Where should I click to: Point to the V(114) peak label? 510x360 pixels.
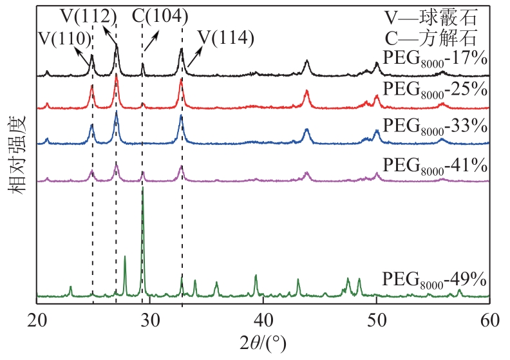225,38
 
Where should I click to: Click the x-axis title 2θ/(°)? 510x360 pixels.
263,345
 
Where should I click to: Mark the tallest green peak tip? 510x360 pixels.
142,187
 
